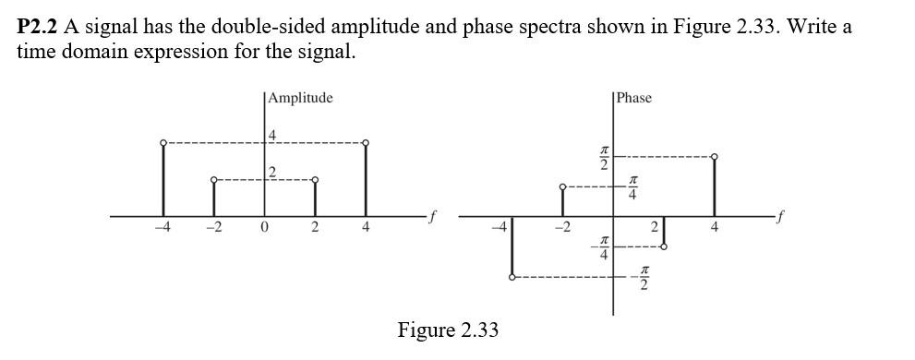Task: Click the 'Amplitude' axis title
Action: (300, 98)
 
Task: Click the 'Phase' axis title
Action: (634, 98)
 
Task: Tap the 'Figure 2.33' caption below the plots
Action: (448, 330)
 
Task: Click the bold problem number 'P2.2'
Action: (38, 26)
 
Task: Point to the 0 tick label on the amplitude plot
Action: (264, 229)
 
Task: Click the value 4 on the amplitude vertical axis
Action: (271, 136)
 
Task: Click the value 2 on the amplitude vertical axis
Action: (271, 173)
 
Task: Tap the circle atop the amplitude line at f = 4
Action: (367, 143)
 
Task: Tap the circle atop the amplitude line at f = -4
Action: (163, 143)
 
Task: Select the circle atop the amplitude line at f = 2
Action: (315, 179)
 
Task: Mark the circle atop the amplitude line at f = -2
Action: (214, 179)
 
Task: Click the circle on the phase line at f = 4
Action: (715, 156)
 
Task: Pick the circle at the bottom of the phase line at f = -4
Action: (512, 277)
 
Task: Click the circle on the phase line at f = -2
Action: (562, 187)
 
